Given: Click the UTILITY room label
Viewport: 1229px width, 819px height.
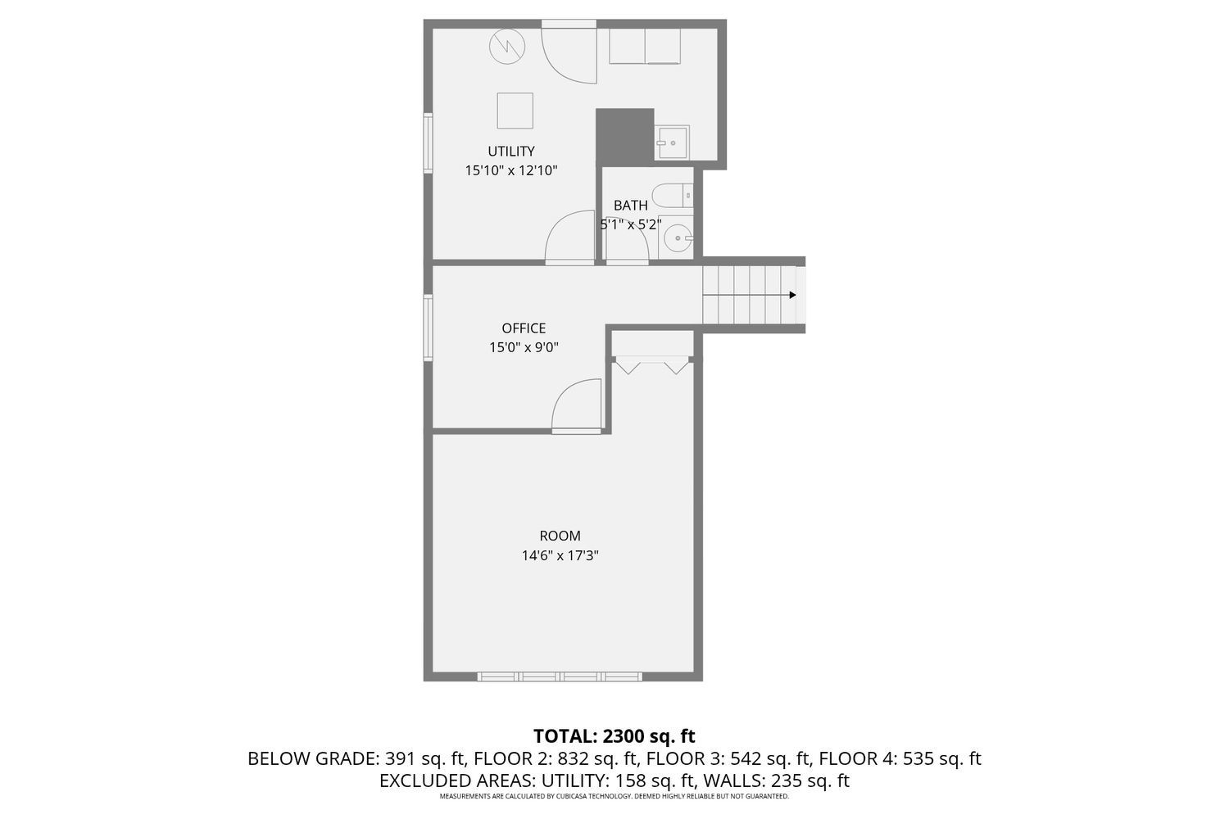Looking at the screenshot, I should pyautogui.click(x=511, y=152).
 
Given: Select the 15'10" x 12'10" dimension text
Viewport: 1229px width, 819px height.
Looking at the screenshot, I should pyautogui.click(x=511, y=171).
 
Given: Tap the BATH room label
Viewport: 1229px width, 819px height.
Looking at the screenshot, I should pyautogui.click(x=630, y=206).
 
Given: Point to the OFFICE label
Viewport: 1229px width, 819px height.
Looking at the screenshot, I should pyautogui.click(x=524, y=328).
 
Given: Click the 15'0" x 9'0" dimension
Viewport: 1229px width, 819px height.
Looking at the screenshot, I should pyautogui.click(x=524, y=347).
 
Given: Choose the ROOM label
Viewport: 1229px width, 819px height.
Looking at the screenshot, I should pyautogui.click(x=560, y=536).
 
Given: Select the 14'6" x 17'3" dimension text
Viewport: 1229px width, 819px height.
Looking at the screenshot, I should pyautogui.click(x=560, y=555).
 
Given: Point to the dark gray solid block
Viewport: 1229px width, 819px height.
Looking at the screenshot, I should pyautogui.click(x=624, y=135).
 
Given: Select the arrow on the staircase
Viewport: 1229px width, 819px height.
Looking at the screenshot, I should pyautogui.click(x=792, y=295).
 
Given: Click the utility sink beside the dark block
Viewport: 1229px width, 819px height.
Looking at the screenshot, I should pyautogui.click(x=673, y=143).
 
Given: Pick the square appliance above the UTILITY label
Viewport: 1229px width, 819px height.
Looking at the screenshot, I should pyautogui.click(x=515, y=111).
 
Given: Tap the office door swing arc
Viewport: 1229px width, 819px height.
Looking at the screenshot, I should pyautogui.click(x=578, y=405).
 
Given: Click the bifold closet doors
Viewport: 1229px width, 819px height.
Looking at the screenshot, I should pyautogui.click(x=653, y=365).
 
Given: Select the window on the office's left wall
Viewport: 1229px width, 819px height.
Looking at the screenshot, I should pyautogui.click(x=428, y=328).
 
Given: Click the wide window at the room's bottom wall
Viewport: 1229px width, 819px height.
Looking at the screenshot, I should pyautogui.click(x=560, y=676).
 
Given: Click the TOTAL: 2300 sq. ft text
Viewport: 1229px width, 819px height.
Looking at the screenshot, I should pyautogui.click(x=614, y=735).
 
